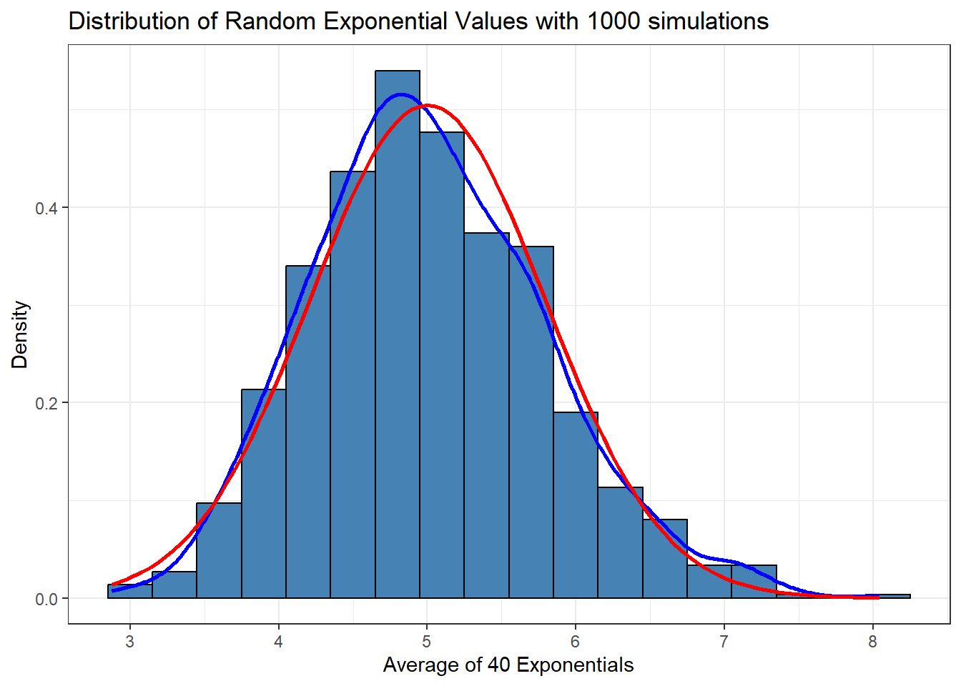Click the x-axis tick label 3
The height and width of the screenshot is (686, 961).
pos(129,642)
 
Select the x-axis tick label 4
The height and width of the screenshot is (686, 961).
pos(278,642)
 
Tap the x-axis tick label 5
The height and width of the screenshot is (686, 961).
pos(427,642)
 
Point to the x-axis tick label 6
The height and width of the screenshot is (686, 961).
pos(576,642)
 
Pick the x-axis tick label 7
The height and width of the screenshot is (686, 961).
pos(724,642)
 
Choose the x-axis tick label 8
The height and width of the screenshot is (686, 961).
pos(872,642)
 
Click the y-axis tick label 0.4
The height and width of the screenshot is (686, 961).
pos(46,209)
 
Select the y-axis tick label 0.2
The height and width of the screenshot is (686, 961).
pos(46,404)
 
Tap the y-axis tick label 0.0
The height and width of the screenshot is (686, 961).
pos(46,599)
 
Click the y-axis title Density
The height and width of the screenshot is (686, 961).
pos(20,334)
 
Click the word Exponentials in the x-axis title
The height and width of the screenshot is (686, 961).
pos(575,665)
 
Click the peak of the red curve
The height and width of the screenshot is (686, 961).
pos(428,106)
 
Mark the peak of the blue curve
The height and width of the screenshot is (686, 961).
pos(400,94)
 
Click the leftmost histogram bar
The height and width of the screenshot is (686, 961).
pos(129,592)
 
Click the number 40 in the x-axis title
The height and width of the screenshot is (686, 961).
pos(498,665)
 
